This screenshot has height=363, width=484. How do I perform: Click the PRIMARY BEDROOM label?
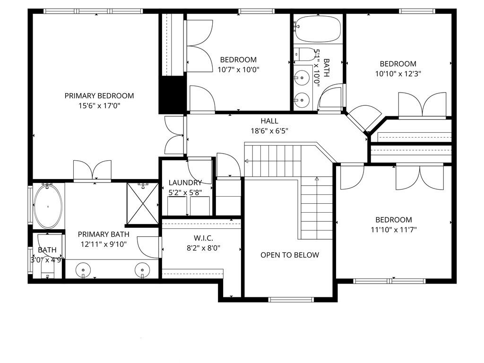point(99,95)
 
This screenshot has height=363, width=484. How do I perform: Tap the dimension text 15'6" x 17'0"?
point(99,106)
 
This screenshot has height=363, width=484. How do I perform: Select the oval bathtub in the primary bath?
point(49,206)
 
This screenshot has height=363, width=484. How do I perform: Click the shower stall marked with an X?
point(142,203)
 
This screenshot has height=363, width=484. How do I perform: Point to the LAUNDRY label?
point(185,182)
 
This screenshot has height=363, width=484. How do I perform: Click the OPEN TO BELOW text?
point(290,255)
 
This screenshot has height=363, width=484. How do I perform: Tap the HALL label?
point(269,121)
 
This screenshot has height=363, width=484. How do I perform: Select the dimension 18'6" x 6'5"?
point(269,131)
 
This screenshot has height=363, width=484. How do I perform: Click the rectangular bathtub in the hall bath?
point(318,28)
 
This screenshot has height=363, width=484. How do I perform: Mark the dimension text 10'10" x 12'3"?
point(398,74)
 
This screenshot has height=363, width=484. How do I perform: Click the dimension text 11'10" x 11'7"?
point(393,230)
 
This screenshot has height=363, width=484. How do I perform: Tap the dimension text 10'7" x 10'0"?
point(238,69)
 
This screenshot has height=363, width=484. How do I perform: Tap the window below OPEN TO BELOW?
point(291,299)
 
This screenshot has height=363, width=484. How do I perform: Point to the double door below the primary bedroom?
point(93,172)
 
